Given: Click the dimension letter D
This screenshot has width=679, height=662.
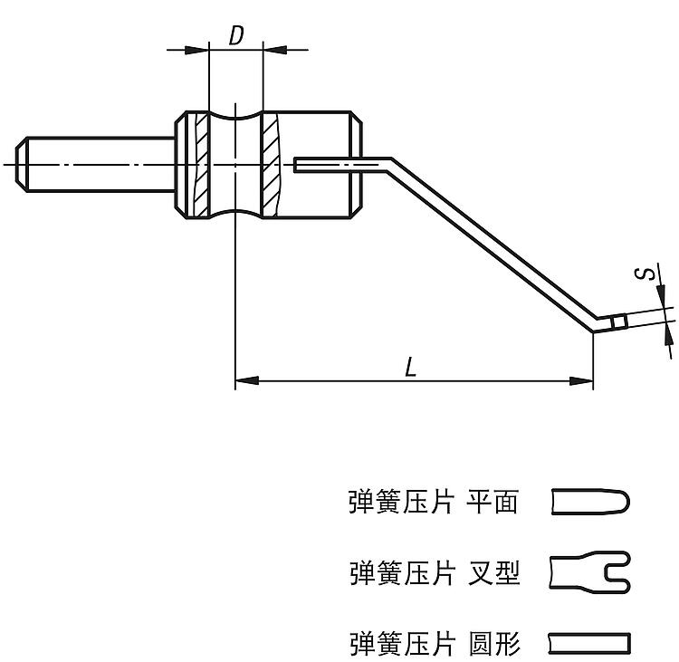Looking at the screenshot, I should (235, 36).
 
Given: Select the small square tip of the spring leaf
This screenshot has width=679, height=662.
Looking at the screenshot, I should (619, 322).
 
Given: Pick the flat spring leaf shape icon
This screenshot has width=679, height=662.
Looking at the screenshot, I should (589, 502).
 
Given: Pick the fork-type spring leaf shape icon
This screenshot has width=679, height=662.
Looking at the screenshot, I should (589, 572).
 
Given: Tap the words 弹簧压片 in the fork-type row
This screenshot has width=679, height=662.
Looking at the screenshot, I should (401, 572).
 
